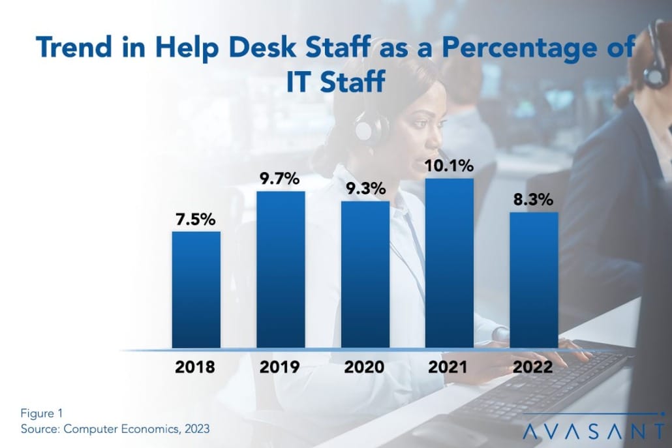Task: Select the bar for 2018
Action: coord(196,290)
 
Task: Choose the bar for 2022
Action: coord(534,280)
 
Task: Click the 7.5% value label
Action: coord(195,220)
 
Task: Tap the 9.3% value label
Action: coord(365,189)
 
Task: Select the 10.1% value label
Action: coord(449,166)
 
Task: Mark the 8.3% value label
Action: coord(534,200)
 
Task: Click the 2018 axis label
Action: coord(195,367)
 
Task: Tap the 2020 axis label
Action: coord(365,367)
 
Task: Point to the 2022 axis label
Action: coord(534,367)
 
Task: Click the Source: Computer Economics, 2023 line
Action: coord(115,430)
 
